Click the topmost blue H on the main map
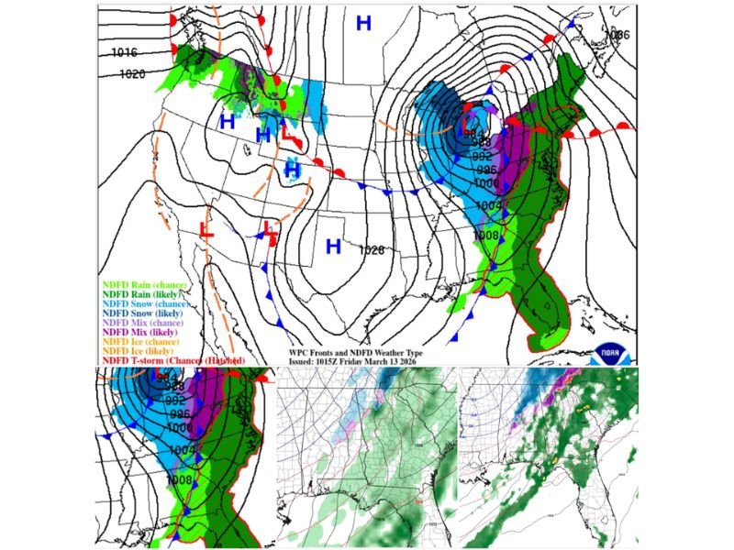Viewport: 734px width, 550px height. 363,24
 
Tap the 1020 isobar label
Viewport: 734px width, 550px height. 132,73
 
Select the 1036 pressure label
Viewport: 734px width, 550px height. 618,35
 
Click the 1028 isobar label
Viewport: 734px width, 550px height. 371,249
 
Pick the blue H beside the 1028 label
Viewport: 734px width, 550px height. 333,246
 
